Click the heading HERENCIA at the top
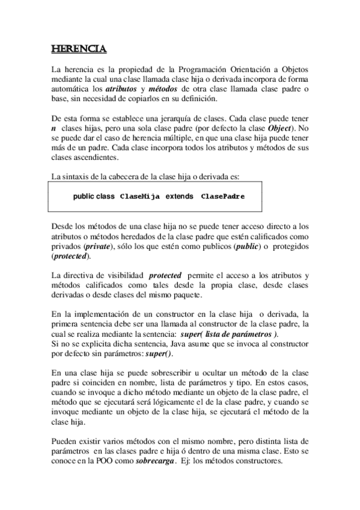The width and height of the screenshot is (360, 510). coord(79,48)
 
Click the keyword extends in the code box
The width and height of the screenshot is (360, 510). coord(180,196)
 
